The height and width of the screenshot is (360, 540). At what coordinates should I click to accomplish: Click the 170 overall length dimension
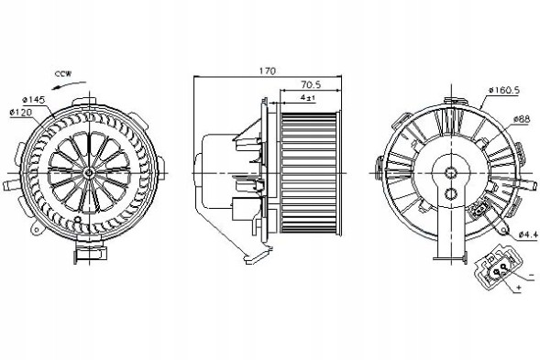pos(266,70)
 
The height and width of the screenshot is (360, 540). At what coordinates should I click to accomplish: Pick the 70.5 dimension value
pos(300,82)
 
